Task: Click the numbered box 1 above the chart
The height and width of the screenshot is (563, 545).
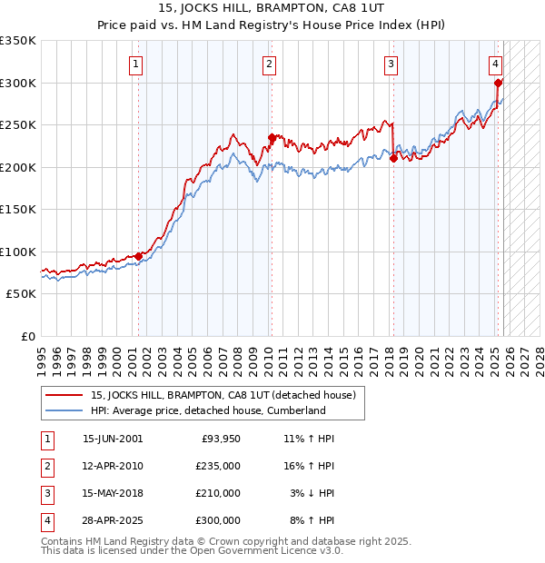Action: coord(135,64)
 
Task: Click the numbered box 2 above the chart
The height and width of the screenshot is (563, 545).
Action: coord(270,64)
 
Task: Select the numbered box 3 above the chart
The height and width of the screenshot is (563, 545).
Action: coord(391,64)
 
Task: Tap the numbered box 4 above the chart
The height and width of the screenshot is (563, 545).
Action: coord(496,64)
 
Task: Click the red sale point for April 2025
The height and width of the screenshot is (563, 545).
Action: coord(499,84)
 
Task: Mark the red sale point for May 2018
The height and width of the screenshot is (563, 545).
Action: coord(393,159)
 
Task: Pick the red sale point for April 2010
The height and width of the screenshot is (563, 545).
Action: coord(272,138)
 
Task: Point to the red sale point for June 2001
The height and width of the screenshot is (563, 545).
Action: coord(139,256)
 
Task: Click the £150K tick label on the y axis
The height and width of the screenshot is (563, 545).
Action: coord(17,210)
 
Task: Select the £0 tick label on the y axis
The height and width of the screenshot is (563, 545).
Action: coord(28,337)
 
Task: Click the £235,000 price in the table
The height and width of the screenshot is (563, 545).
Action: coord(218,465)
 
